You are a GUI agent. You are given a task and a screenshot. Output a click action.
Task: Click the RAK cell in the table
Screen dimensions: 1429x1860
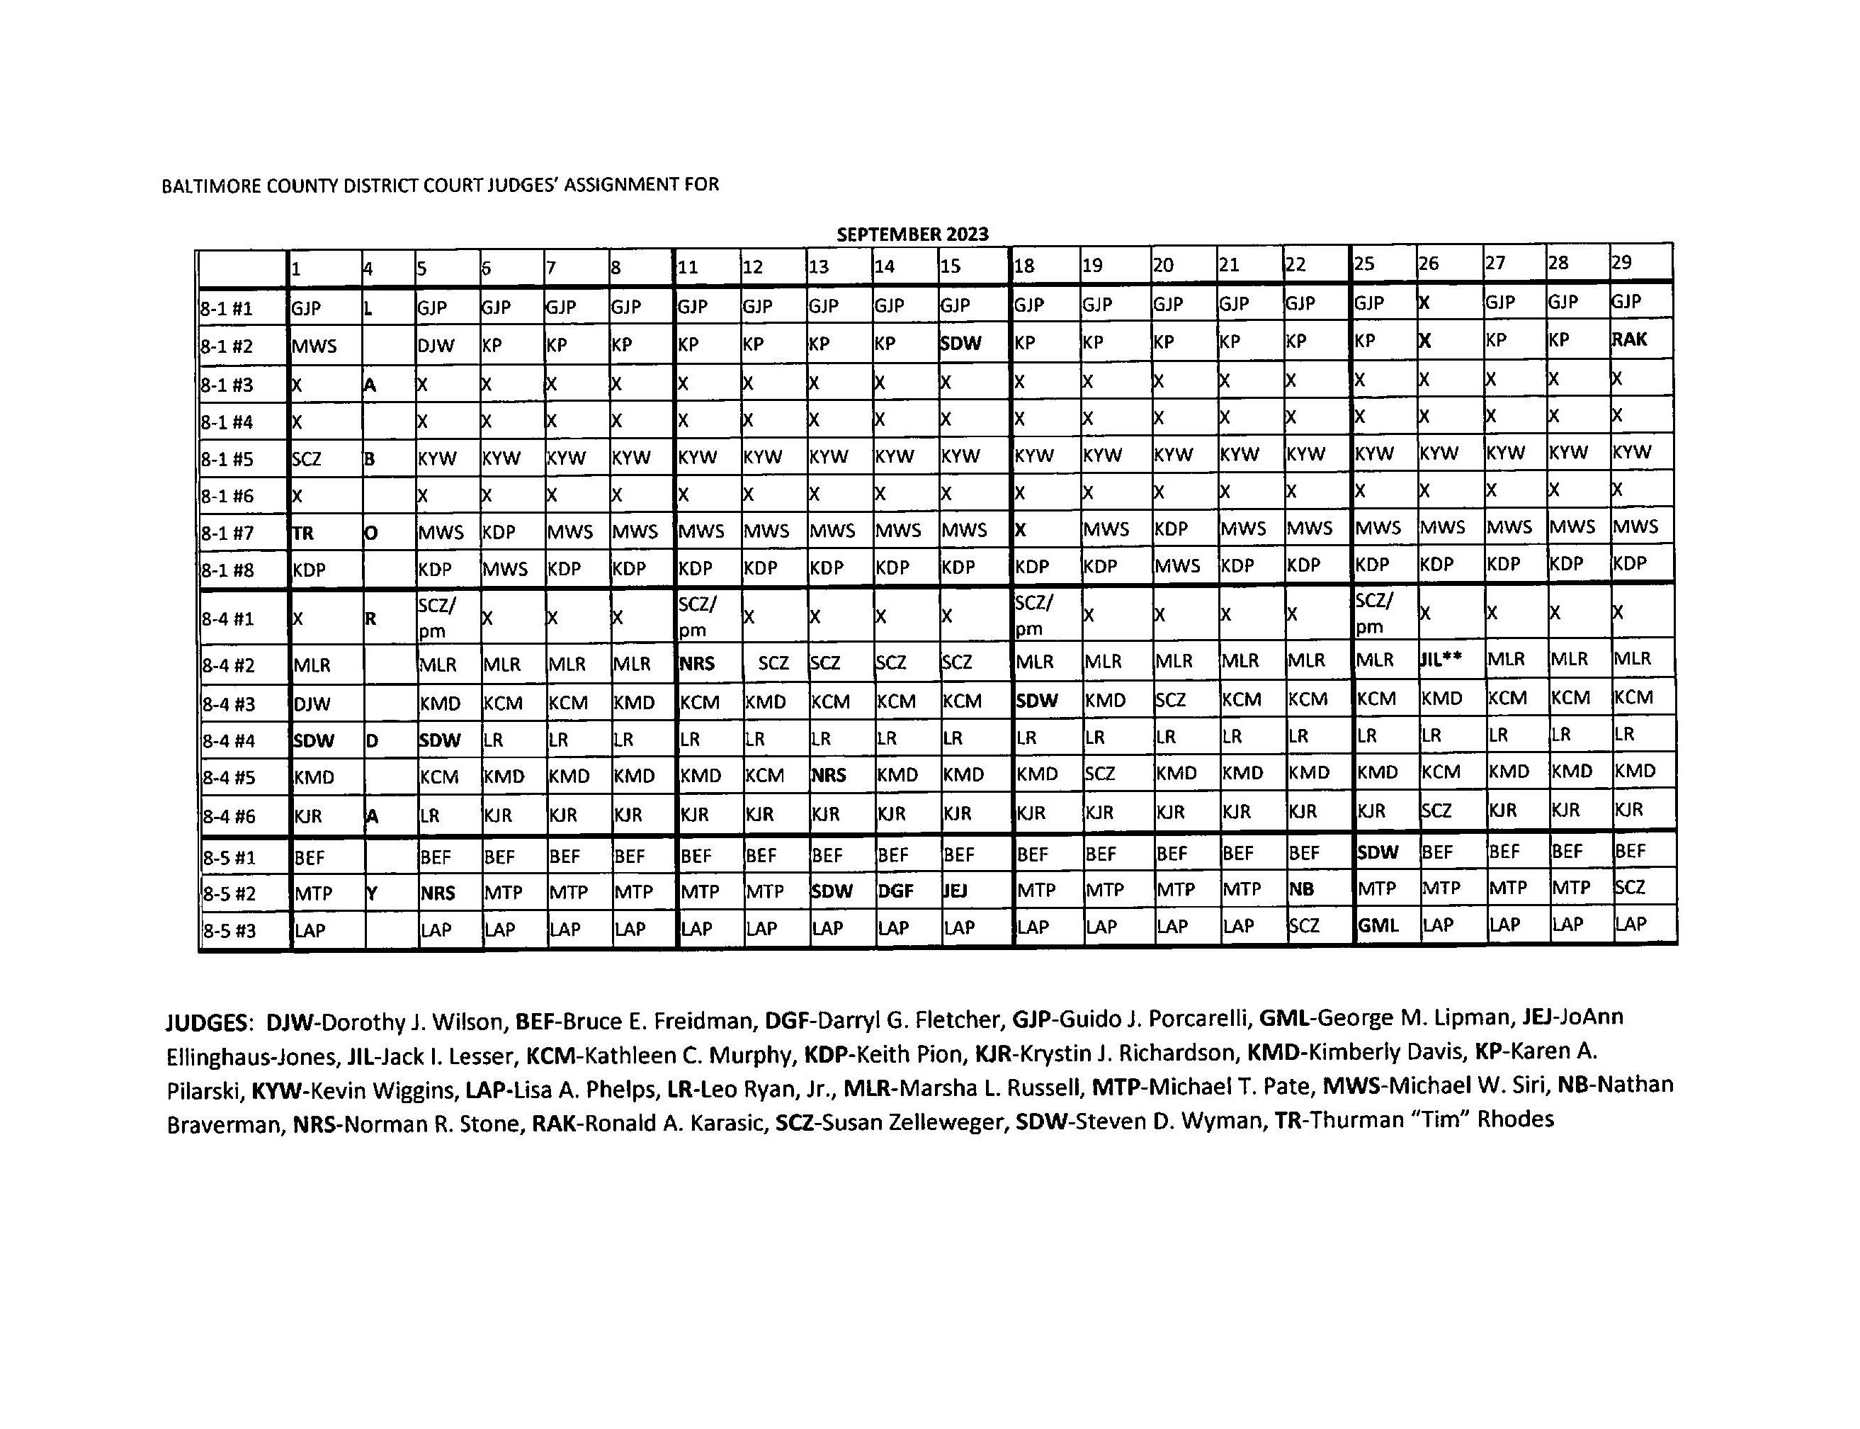pos(1628,339)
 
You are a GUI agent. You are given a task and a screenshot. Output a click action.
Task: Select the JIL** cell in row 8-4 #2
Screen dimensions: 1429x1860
pos(1441,658)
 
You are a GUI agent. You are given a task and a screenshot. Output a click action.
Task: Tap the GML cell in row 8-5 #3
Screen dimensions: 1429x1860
pos(1378,925)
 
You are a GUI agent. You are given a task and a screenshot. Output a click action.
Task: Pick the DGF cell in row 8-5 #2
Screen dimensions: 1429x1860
pos(895,891)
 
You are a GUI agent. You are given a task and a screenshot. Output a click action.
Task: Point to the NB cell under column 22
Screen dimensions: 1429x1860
pos(1301,889)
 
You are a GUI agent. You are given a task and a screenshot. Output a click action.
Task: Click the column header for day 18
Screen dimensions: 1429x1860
pos(1024,266)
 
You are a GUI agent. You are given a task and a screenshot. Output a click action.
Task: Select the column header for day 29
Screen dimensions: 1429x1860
pos(1621,262)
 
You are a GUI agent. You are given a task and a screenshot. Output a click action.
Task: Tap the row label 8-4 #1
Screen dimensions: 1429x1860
pos(227,619)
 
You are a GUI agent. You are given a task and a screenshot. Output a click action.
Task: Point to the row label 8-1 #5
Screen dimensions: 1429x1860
pos(227,459)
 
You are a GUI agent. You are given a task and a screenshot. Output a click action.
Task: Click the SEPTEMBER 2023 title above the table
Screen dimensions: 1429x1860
pos(912,234)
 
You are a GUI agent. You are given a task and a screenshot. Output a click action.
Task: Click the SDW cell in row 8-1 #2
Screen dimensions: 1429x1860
pos(960,344)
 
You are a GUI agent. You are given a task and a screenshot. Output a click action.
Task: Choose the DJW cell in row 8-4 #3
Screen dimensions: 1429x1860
pos(312,704)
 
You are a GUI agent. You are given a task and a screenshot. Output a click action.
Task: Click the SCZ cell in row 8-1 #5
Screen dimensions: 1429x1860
pos(306,459)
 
